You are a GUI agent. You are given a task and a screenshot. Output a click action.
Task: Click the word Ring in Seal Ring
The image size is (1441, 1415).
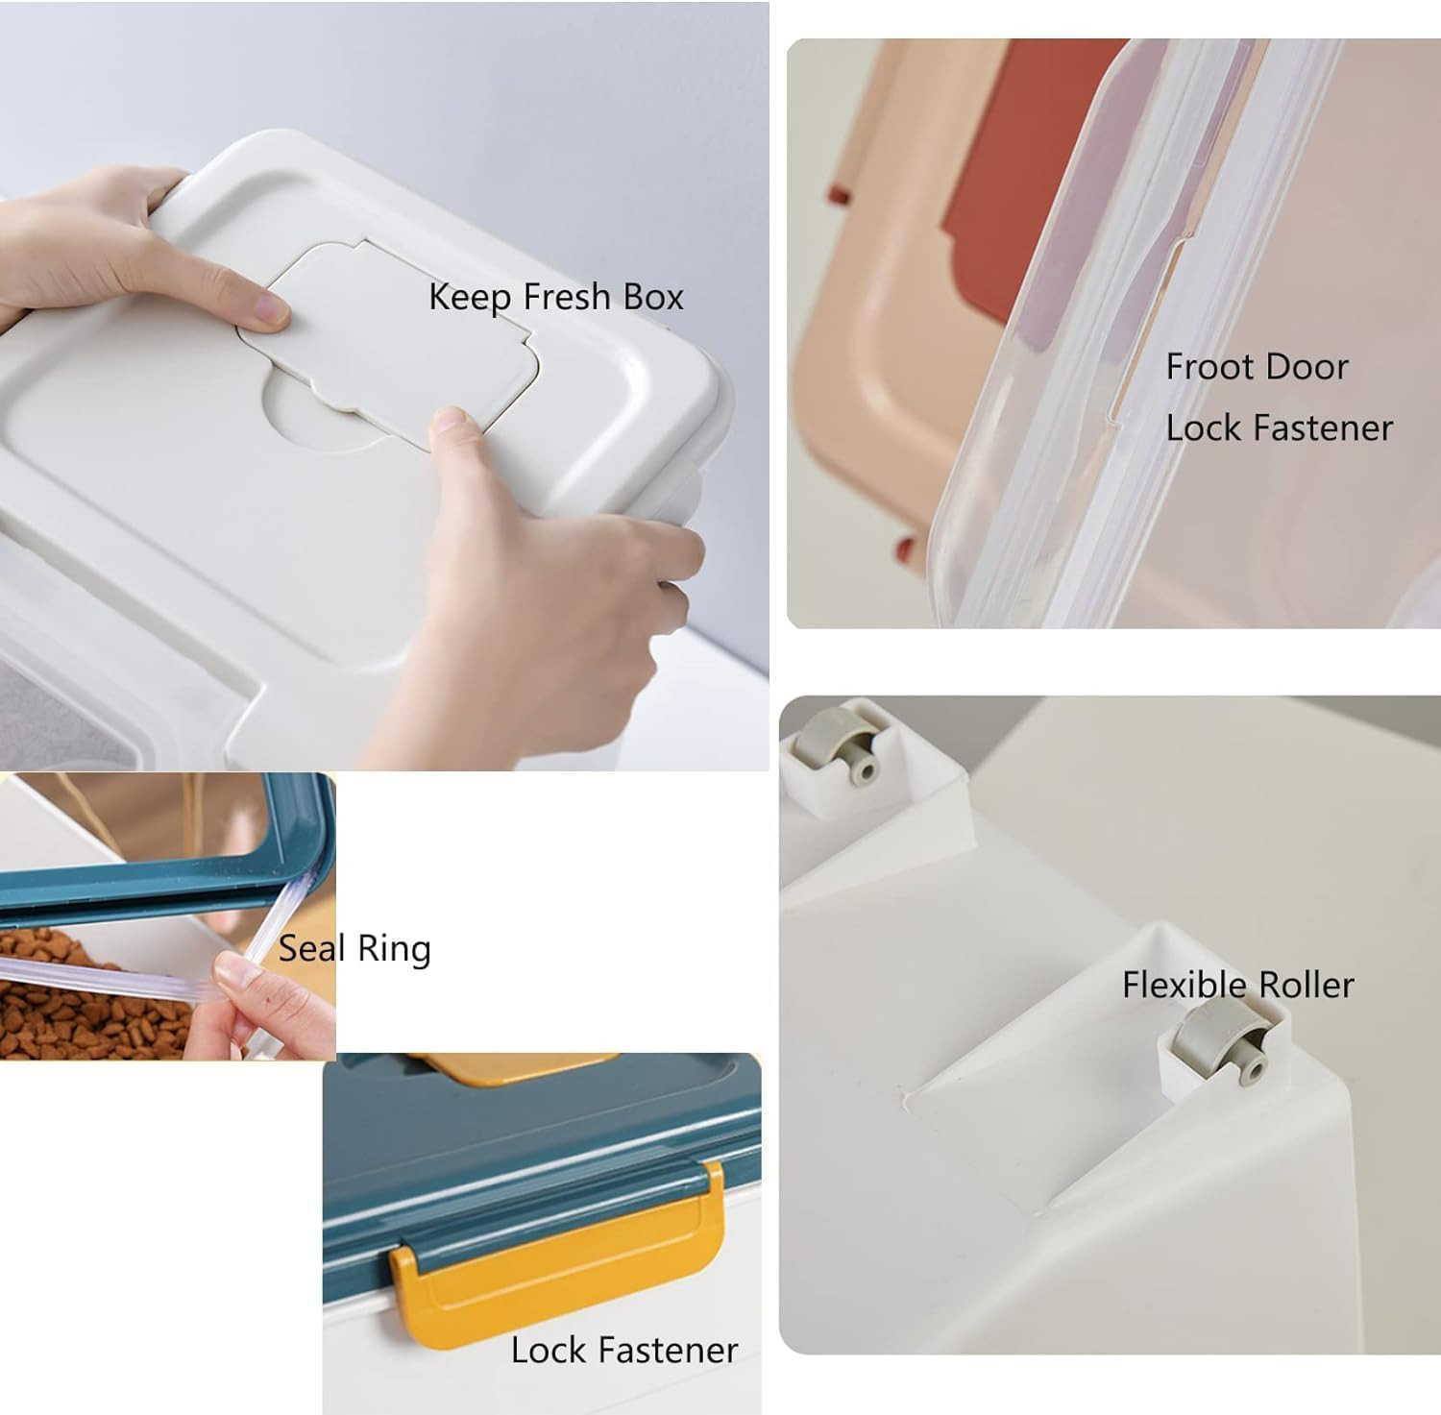click(394, 950)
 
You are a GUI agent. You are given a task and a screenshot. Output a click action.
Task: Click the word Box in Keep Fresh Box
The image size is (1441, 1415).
click(652, 297)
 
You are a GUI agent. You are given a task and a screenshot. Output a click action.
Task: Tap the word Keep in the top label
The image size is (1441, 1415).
click(470, 298)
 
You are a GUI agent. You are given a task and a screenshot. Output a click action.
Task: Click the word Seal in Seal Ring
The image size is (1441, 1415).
click(312, 949)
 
